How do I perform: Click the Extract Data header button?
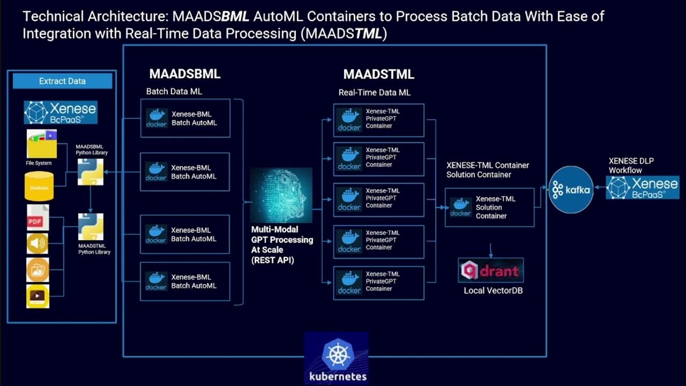coord(62,81)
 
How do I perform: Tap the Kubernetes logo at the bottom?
coord(337,357)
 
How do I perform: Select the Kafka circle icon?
coord(571,190)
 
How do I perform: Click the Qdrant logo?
coord(491,270)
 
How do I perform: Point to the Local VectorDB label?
coord(493,291)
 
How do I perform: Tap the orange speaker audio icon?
coord(38,244)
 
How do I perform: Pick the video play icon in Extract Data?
coord(38,296)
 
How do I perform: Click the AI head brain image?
coord(282,195)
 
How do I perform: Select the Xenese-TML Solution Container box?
coord(489,207)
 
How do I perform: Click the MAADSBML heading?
coord(185,74)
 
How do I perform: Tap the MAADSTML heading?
coord(378,74)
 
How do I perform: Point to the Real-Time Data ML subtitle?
coord(374,92)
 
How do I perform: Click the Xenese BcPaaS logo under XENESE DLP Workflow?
coord(643,188)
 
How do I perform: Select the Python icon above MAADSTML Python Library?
coord(91,227)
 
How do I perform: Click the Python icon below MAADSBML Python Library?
coord(90,172)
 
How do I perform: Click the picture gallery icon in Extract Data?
coord(38,270)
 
